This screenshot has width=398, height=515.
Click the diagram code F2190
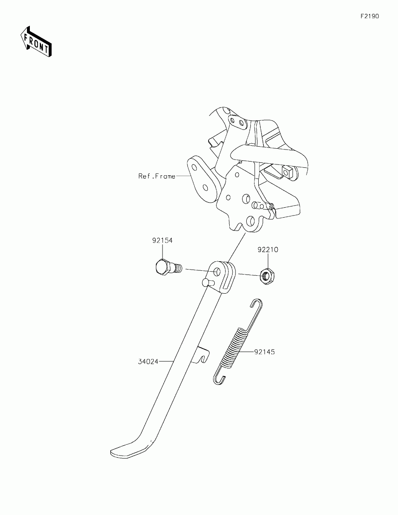click(x=369, y=17)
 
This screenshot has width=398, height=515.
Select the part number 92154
click(x=162, y=240)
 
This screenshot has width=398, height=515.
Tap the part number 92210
click(x=268, y=250)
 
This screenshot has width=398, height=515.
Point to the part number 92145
click(x=265, y=352)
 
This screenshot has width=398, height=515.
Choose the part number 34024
click(x=148, y=362)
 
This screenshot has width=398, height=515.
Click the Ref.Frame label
click(x=157, y=176)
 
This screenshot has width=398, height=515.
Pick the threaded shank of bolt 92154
click(x=177, y=268)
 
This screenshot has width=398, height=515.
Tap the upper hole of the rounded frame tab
click(x=194, y=168)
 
